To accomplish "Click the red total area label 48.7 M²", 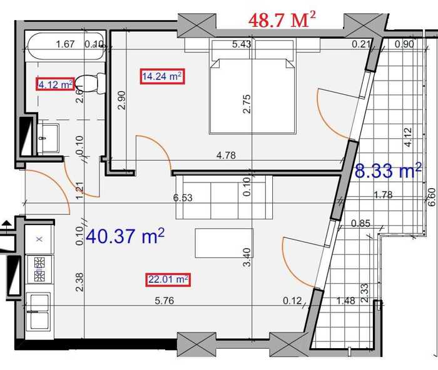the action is (282, 20).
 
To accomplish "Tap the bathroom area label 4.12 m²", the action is (55, 84).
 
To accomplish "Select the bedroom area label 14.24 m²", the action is (162, 76).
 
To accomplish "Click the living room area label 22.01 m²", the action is (168, 279).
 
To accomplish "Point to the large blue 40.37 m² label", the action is (125, 236).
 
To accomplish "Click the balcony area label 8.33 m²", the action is (388, 171).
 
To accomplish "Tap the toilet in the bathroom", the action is (90, 83).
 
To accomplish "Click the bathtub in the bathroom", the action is (66, 46).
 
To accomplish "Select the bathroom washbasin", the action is (48, 138).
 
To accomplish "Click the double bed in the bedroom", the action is (252, 86).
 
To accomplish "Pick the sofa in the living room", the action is (224, 197).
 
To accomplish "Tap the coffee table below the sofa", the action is (224, 243).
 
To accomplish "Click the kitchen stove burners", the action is (39, 269).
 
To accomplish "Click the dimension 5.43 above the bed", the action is (242, 44).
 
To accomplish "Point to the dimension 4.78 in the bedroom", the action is (226, 156).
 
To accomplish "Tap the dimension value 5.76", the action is (164, 301).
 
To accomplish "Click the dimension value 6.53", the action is (183, 198).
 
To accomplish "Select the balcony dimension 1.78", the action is (383, 194).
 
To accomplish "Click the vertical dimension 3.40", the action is (247, 257).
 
